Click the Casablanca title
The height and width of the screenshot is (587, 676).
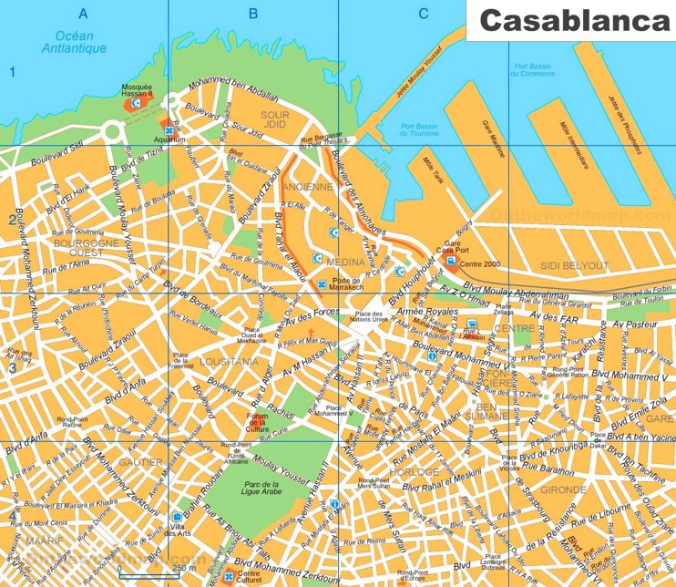tap(571, 21)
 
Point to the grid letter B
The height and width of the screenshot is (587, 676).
tap(253, 13)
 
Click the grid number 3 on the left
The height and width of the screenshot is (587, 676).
tap(12, 368)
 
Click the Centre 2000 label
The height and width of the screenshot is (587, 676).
tap(482, 263)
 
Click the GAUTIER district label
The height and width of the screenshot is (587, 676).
tap(140, 462)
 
